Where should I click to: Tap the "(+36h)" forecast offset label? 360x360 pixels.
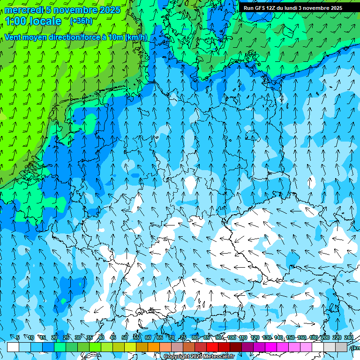click(81, 21)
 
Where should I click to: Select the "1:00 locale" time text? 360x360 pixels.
click(33, 21)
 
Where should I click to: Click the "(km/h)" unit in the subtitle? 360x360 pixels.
click(136, 37)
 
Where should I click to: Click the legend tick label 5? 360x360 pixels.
click(18, 337)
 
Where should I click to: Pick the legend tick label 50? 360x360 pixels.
click(125, 337)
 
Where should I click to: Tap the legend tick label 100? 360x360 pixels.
click(232, 337)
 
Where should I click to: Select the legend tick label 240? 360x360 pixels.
click(349, 337)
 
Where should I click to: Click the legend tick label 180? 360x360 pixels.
click(314, 337)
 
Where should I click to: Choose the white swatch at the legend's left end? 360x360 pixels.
click(13, 347)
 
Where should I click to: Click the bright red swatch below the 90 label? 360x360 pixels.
click(212, 347)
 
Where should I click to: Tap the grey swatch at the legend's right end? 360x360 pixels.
click(342, 347)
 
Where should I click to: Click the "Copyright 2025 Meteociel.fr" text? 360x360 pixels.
click(199, 357)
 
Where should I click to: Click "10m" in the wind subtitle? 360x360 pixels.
click(115, 37)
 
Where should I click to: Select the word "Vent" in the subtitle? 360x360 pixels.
click(14, 37)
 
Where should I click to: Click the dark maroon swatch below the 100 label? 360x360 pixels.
click(236, 347)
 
